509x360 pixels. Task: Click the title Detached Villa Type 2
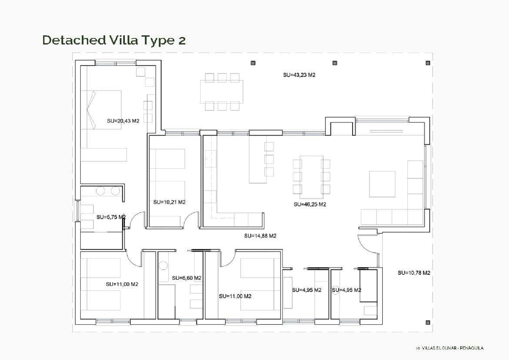point(114,40)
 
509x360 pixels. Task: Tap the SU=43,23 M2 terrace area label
point(299,75)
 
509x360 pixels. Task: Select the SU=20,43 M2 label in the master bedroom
point(123,121)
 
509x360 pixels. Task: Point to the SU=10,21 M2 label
point(169,202)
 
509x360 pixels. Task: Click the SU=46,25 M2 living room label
point(309,204)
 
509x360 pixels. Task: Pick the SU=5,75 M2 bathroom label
point(111,217)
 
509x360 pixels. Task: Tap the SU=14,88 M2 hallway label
point(260,236)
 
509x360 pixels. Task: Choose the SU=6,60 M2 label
point(187,278)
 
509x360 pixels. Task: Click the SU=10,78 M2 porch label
point(414,273)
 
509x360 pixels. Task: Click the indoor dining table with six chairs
point(311,177)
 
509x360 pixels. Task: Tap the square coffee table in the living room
point(382,184)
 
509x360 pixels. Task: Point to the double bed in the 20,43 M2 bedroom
point(101,110)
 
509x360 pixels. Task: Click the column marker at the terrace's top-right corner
point(428,63)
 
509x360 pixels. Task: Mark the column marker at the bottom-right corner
point(428,322)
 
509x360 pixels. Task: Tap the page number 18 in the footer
point(417,348)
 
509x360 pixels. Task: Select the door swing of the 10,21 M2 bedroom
point(191,219)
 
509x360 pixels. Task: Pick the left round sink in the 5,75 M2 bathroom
point(100,191)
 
